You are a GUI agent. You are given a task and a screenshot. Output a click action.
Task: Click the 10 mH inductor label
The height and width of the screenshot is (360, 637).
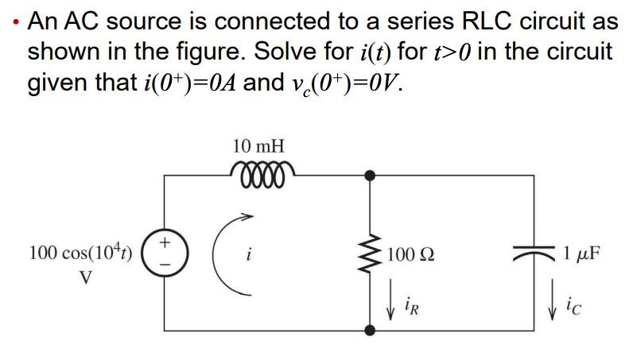tap(258, 146)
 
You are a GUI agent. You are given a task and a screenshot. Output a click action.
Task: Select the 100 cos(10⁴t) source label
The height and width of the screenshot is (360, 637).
tap(81, 254)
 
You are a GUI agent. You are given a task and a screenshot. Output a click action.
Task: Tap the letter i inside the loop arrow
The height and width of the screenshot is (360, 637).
tap(251, 256)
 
